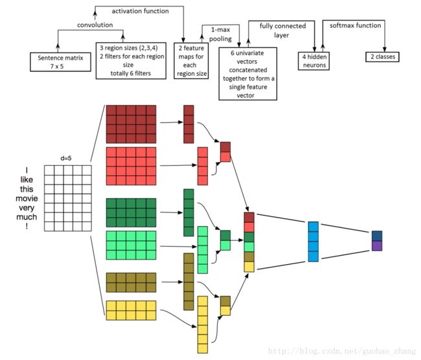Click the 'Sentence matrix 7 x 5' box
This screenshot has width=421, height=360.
(60, 62)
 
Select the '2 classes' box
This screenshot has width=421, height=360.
(382, 57)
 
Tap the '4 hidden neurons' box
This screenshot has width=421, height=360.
(313, 61)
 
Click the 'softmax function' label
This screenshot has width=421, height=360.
(355, 25)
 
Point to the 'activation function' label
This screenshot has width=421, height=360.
(140, 11)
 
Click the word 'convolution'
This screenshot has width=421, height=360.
(95, 25)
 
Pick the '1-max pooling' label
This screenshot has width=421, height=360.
(220, 34)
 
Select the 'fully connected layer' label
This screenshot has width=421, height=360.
(282, 30)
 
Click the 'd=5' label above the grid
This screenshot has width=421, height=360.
(66, 158)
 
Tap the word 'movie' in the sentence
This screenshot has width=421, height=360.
(27, 198)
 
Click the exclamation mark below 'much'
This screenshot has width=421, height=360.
(27, 226)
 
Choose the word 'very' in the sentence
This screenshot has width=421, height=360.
(27, 208)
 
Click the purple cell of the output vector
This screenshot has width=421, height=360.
(377, 246)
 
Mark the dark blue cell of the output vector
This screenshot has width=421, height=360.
(377, 236)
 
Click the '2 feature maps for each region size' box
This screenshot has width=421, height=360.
(191, 61)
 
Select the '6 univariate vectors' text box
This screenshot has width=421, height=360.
(248, 74)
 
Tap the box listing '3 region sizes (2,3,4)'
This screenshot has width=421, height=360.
(131, 61)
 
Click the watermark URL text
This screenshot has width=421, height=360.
(342, 351)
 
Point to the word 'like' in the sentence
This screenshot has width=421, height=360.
(27, 179)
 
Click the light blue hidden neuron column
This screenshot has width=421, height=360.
(313, 242)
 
